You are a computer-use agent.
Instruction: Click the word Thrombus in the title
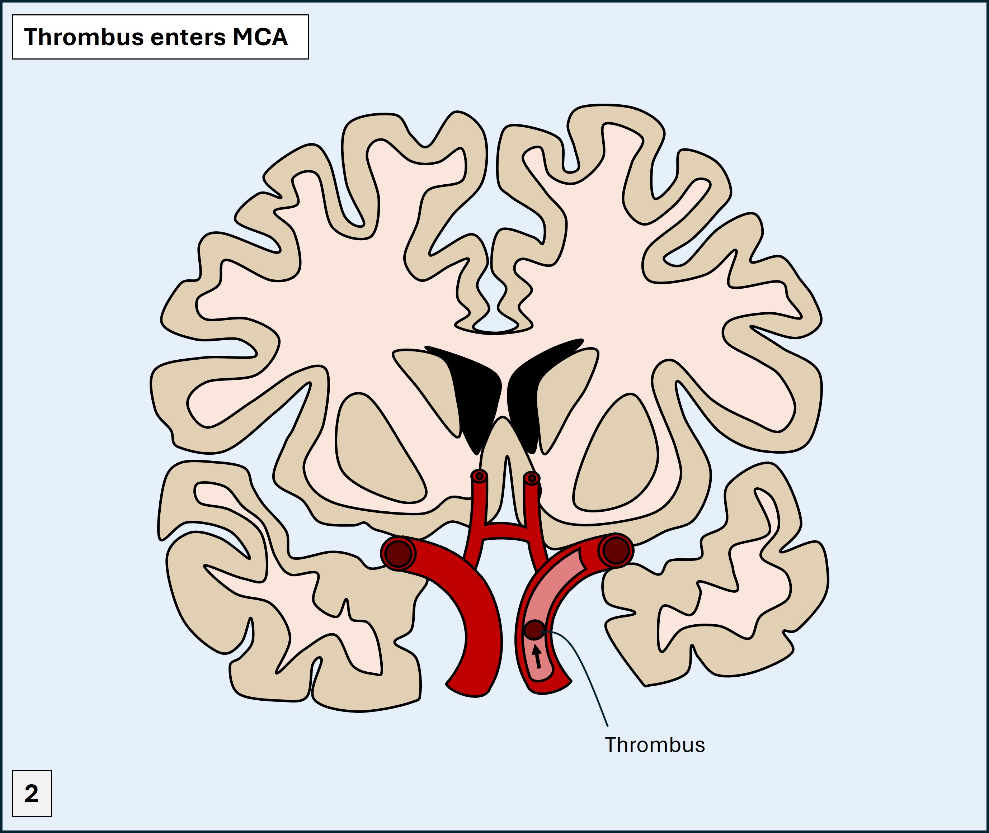click(84, 37)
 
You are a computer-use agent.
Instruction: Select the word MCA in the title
click(260, 37)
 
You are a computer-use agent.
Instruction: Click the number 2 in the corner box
click(31, 794)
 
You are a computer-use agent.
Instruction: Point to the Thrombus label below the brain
click(655, 745)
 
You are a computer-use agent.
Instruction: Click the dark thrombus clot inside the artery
click(534, 630)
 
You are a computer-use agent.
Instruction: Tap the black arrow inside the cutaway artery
click(537, 656)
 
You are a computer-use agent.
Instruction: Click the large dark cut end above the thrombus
click(616, 550)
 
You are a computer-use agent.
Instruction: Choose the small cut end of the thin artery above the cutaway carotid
click(532, 478)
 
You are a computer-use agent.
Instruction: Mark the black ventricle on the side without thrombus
click(475, 397)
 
